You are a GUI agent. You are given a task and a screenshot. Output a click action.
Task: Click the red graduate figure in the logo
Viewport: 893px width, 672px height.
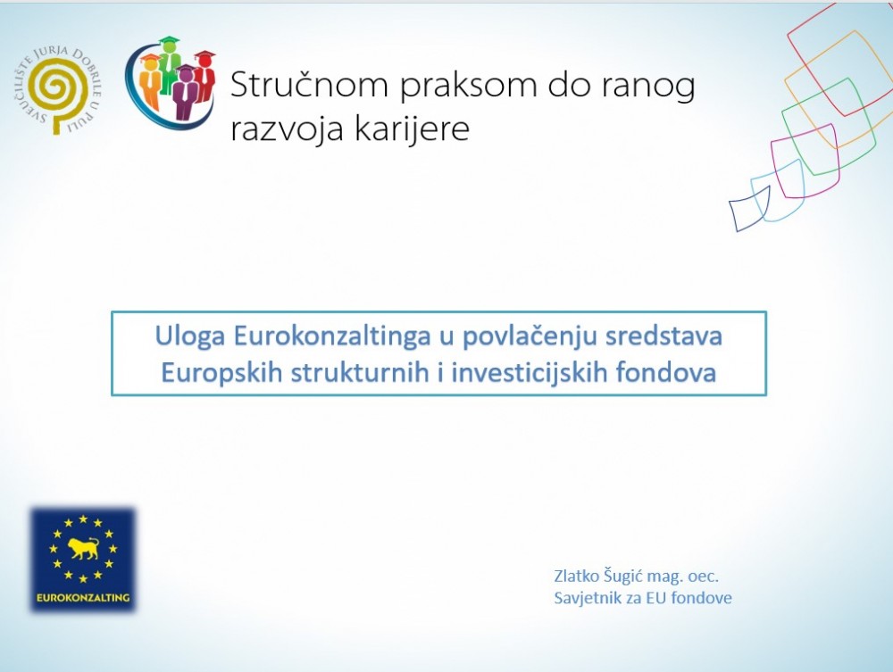(205, 75)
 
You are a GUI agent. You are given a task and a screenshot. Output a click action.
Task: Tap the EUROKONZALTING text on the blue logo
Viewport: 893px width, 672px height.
(82, 597)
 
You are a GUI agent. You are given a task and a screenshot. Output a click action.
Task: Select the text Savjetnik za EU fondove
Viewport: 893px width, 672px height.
(643, 598)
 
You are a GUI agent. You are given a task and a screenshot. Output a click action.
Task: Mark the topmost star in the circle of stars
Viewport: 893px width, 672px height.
(83, 519)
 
